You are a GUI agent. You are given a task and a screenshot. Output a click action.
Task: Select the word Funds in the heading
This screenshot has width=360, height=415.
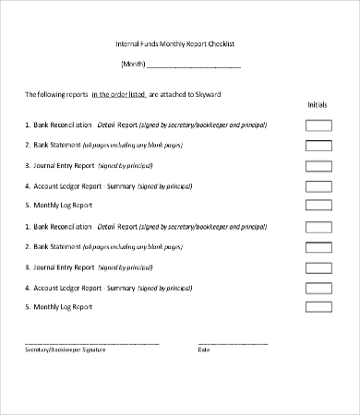156,44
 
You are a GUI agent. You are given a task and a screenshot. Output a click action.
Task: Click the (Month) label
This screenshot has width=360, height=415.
132,65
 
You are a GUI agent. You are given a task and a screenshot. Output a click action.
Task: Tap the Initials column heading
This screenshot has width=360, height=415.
317,105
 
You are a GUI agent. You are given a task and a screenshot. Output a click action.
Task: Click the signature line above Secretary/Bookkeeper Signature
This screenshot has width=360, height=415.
91,342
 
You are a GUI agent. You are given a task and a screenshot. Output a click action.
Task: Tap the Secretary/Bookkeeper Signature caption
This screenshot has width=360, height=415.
65,350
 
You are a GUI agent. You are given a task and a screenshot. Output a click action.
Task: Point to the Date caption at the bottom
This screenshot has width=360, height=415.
203,350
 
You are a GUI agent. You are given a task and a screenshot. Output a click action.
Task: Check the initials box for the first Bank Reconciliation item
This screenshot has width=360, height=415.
318,125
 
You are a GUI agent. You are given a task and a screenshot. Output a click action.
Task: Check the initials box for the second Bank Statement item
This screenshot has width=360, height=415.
318,246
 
